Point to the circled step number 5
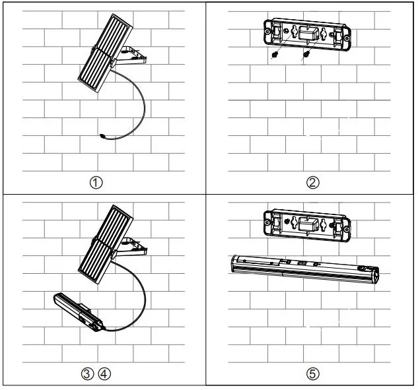pyautogui.click(x=313, y=374)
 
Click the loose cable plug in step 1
pyautogui.click(x=102, y=137)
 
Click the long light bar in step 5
pyautogui.click(x=304, y=267)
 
